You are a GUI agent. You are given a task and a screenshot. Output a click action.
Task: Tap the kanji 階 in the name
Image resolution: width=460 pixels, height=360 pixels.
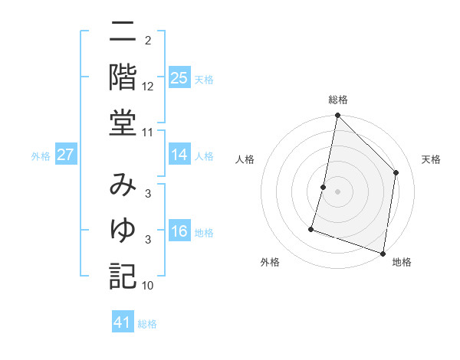click(x=123, y=77)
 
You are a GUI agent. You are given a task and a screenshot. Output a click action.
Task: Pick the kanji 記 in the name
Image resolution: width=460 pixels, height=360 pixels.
click(x=123, y=275)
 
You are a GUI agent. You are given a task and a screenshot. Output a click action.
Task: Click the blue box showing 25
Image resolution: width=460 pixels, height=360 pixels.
click(x=179, y=78)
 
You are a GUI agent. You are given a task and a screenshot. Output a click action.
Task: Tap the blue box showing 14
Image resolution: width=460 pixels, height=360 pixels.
click(x=179, y=155)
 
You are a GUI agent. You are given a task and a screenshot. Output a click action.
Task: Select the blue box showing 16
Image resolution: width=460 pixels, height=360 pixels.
click(x=179, y=231)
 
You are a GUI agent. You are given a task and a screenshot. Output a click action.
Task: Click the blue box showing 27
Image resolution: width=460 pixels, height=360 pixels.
click(x=66, y=155)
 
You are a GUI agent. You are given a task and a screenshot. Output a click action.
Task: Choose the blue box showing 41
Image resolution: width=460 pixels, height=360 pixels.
click(x=123, y=322)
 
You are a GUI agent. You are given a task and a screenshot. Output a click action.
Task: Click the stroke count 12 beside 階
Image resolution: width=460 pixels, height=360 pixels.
click(x=148, y=87)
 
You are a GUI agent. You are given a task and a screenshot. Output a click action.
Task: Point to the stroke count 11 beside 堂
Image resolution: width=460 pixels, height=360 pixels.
click(x=148, y=133)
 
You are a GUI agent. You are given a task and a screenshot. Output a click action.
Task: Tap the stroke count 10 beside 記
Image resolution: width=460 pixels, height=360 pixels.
click(x=148, y=286)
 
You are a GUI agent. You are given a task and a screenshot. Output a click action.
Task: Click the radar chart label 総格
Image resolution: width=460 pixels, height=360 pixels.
click(x=338, y=100)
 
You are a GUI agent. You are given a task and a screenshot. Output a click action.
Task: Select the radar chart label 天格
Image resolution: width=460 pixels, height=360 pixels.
click(x=432, y=159)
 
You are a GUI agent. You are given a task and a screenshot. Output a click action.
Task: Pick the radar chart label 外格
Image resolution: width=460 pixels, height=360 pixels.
click(x=270, y=263)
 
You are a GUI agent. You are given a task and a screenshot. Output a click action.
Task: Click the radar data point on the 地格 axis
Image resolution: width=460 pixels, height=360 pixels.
click(x=383, y=253)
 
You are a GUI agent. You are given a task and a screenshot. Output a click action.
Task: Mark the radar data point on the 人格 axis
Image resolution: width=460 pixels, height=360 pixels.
click(x=324, y=187)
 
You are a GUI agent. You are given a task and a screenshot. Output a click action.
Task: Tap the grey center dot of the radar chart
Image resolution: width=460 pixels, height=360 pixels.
click(x=338, y=191)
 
